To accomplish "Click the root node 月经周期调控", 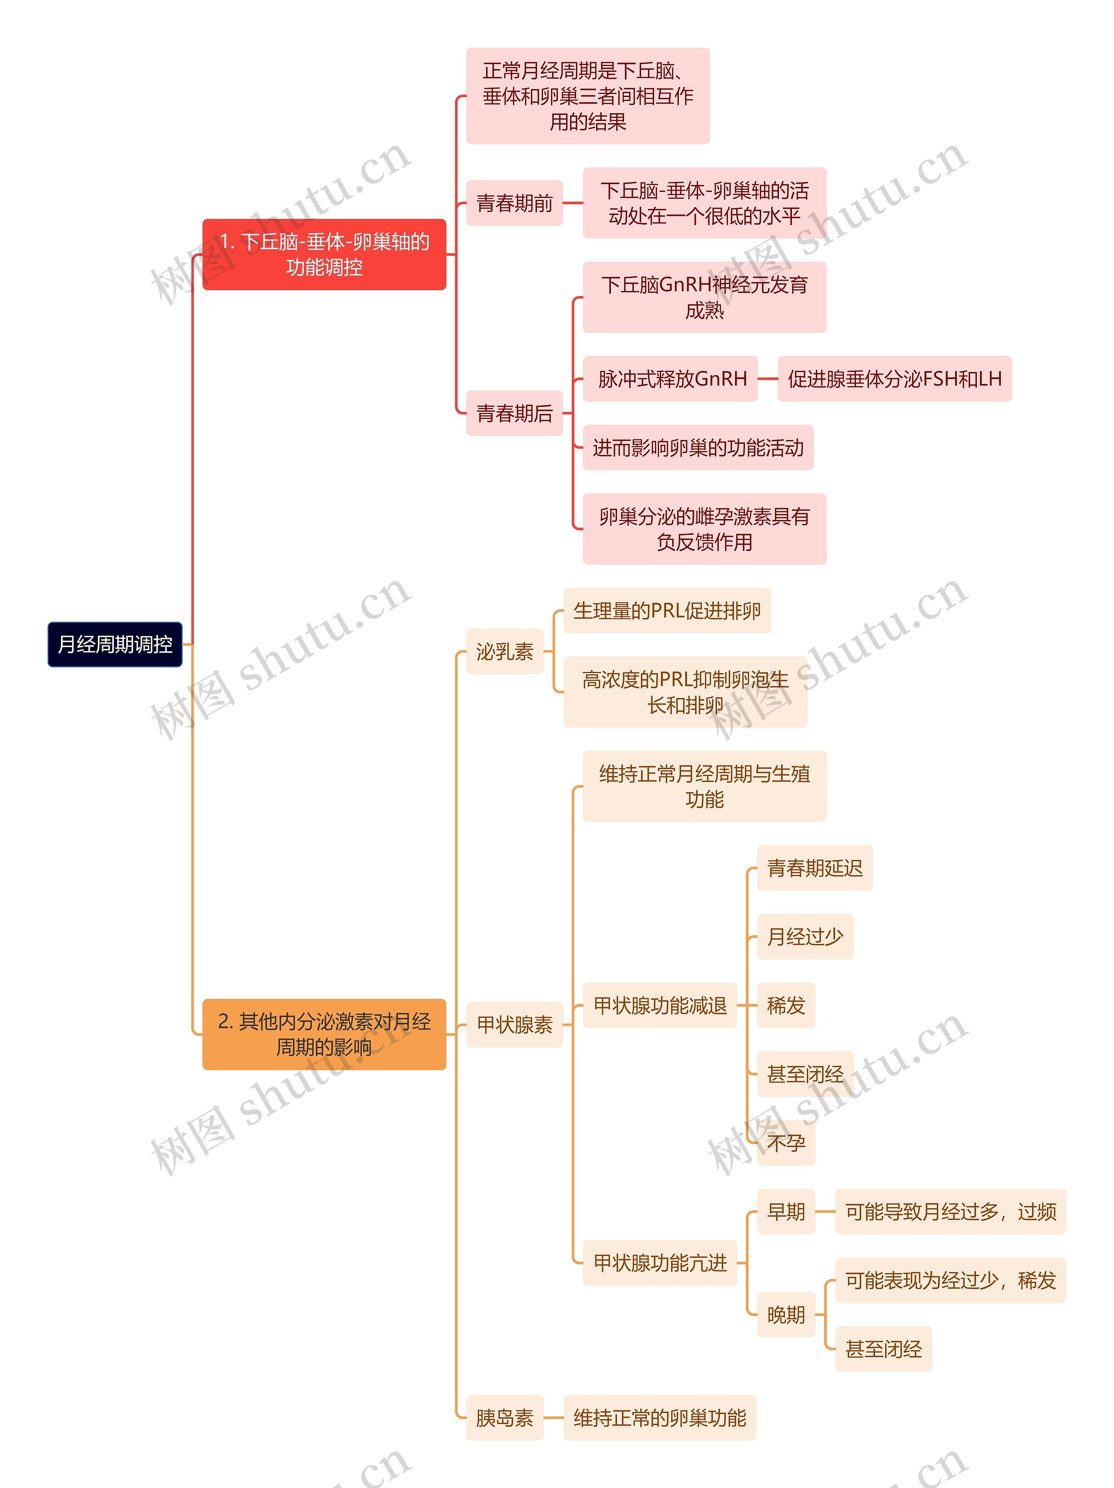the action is [115, 645].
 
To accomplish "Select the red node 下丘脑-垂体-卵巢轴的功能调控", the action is [324, 254].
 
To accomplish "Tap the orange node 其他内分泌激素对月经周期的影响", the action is [324, 1034].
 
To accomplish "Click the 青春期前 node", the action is [515, 202].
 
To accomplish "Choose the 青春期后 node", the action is [515, 413].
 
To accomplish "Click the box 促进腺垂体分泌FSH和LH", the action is [895, 379].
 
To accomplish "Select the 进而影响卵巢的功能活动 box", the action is [698, 447].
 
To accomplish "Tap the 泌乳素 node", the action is [504, 651].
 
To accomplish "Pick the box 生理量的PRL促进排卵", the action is [668, 610].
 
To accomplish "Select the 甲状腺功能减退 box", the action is [660, 1005].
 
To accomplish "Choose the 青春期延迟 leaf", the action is [815, 868].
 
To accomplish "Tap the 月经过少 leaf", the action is [805, 937].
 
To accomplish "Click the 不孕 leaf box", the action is [786, 1142].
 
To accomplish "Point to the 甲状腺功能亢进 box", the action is [660, 1263].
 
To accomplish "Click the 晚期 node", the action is [786, 1314].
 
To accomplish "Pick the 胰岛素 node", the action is [504, 1417].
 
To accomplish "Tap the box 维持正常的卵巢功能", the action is [660, 1417].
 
